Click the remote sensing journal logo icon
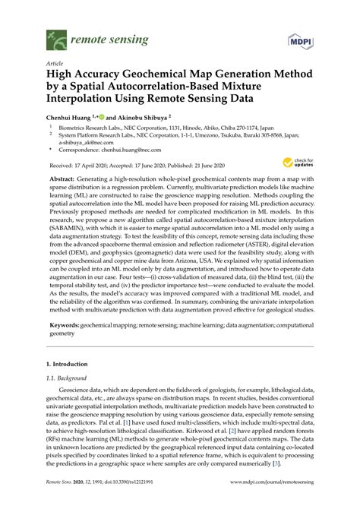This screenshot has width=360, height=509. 52,35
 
